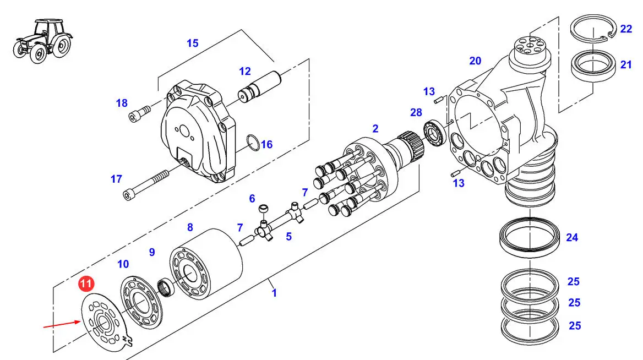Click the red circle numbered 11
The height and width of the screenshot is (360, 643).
[86, 283]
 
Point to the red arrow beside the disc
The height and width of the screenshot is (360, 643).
[62, 324]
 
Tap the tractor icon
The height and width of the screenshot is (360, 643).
[42, 41]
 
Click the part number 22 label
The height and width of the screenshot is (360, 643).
[626, 29]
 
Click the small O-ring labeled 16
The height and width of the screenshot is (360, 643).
[253, 142]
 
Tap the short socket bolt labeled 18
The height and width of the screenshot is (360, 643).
[139, 113]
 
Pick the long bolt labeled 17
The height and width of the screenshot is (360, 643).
[145, 185]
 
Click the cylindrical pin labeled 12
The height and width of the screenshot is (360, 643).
[259, 87]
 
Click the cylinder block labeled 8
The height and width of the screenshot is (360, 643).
[206, 264]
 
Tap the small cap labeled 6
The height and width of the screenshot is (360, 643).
[263, 208]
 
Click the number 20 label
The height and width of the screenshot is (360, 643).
[475, 61]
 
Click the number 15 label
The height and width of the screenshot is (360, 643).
[192, 43]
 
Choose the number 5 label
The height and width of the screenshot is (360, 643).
[288, 237]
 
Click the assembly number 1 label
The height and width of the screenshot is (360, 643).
[274, 293]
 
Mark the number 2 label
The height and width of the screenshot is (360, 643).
[375, 129]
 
